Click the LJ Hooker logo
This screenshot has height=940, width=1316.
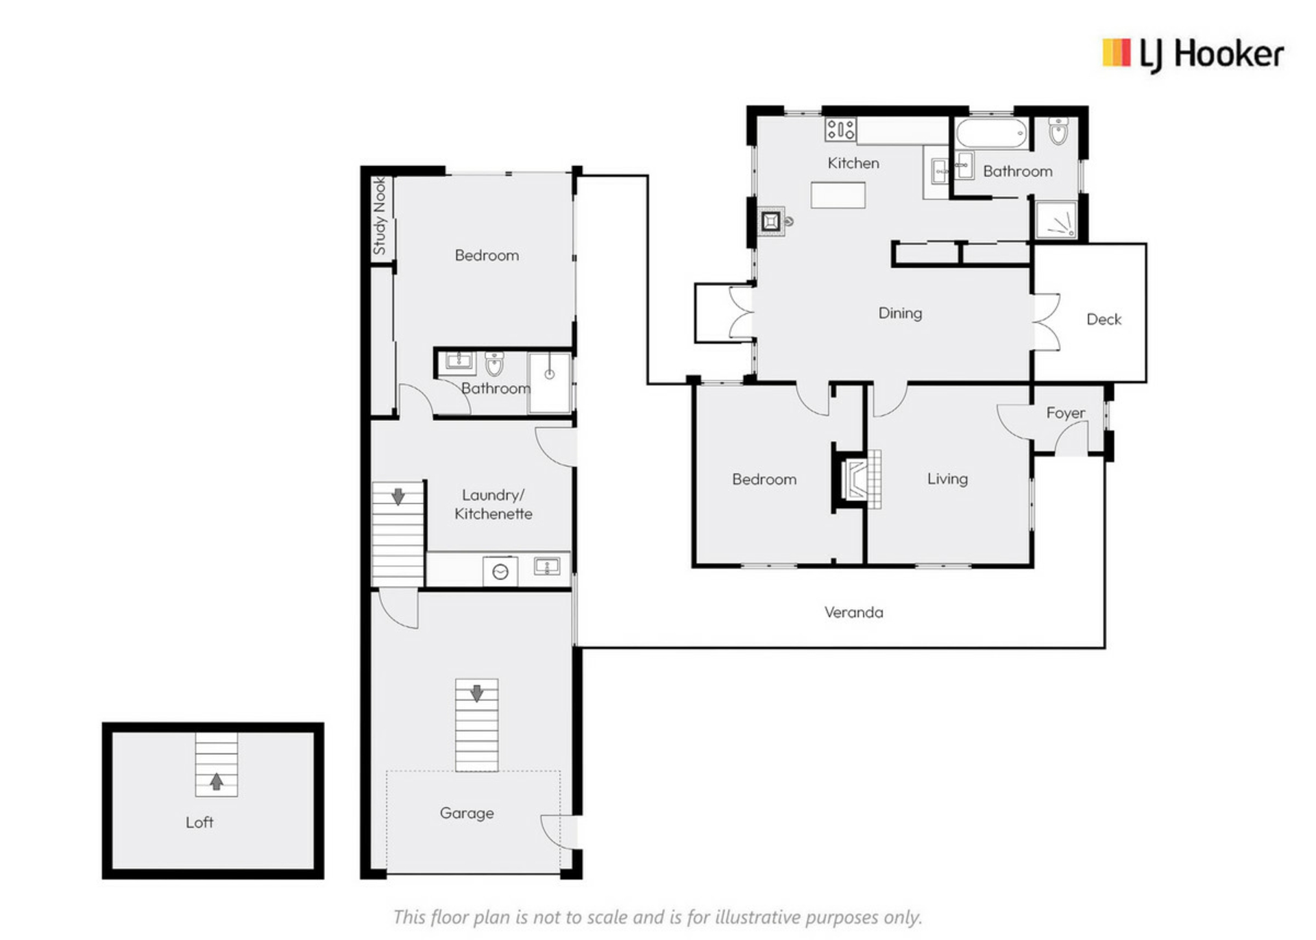[1193, 55]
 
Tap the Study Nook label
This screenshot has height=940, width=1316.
[379, 216]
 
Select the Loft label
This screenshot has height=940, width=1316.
[199, 822]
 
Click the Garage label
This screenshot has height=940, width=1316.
[467, 813]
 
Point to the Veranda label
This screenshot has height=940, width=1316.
[853, 612]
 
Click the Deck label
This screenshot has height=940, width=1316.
[1104, 319]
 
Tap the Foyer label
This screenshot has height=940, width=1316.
[1065, 413]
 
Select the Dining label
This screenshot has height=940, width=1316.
[900, 313]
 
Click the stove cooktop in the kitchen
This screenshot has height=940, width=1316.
[840, 130]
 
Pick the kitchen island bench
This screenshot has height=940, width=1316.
[838, 195]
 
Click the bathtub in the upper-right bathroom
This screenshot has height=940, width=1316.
[992, 133]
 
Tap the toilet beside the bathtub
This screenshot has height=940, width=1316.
[1058, 132]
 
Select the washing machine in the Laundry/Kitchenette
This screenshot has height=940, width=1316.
[500, 572]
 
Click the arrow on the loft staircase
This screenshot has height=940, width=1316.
[217, 781]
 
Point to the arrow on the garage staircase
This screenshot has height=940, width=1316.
[477, 692]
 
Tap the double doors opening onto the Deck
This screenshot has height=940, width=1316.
[1047, 322]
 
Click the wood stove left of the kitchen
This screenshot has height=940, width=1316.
[771, 221]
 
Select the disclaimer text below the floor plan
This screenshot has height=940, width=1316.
[658, 917]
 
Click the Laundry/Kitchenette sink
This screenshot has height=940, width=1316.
[547, 566]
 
